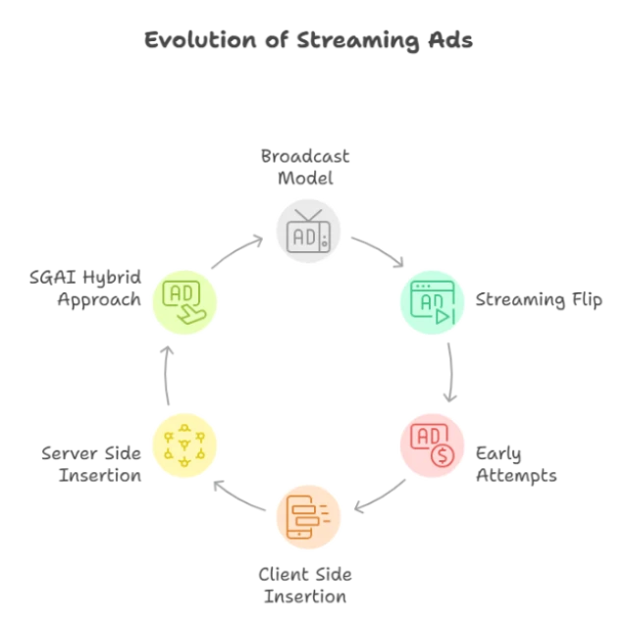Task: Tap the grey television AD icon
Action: [309, 231]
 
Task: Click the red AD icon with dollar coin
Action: [432, 445]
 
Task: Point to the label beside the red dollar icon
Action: [518, 463]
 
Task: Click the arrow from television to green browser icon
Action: [379, 251]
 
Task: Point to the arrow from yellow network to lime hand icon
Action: [167, 374]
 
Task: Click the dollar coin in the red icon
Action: [443, 456]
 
